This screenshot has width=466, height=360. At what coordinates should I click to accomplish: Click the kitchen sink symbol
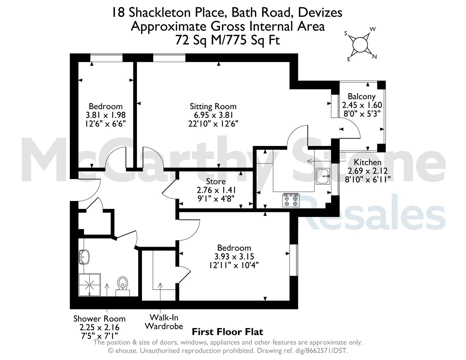[323, 176]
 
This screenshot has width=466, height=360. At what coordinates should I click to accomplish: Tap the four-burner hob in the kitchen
[291, 200]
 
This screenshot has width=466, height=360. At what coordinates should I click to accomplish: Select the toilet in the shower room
[123, 286]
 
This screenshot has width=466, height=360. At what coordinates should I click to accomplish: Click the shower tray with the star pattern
[90, 285]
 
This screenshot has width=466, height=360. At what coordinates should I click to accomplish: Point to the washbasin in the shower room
[84, 257]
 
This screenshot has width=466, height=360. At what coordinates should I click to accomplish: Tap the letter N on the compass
[374, 57]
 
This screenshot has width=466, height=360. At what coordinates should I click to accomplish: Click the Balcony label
[362, 96]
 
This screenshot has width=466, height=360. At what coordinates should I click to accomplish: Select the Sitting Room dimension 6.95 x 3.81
[213, 115]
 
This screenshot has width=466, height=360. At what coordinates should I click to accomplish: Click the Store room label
[216, 182]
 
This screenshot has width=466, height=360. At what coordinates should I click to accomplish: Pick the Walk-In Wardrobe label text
[164, 322]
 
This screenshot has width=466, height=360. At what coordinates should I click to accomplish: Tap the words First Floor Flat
[227, 332]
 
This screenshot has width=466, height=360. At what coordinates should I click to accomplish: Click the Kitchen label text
[368, 162]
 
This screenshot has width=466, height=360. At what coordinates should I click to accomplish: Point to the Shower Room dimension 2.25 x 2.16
[99, 327]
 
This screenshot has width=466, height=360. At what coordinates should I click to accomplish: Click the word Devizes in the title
[320, 13]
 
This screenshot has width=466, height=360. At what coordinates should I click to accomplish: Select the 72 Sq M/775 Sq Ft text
[228, 40]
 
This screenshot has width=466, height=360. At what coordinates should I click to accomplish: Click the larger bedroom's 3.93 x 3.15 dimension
[234, 256]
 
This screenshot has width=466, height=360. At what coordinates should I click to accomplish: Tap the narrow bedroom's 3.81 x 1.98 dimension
[106, 115]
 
